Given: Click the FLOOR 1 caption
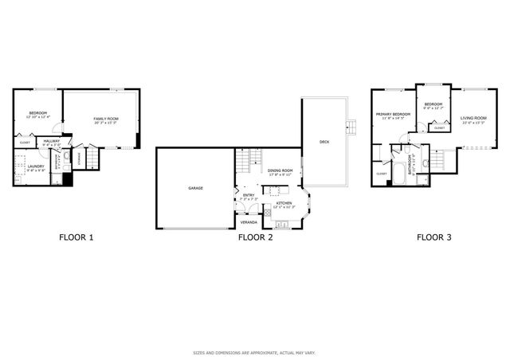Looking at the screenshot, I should (x=77, y=237).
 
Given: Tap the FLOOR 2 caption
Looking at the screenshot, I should (x=256, y=237).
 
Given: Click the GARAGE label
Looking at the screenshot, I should (x=195, y=188).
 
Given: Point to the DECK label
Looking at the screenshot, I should (x=324, y=142).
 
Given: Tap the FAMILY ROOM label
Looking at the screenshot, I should (x=104, y=120).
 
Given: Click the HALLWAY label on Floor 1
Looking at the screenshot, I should (x=52, y=142).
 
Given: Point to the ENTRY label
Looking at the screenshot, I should (x=248, y=194).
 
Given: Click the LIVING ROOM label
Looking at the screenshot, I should (x=473, y=120).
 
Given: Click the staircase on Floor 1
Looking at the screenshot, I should (x=92, y=159).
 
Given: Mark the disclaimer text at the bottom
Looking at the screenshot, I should (x=255, y=352).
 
